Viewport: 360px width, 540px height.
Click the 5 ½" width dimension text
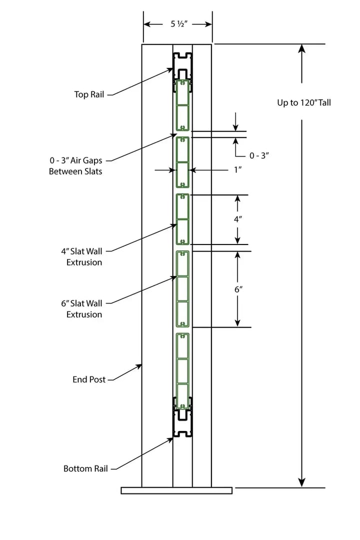click(177, 24)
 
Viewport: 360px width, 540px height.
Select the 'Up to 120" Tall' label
click(304, 103)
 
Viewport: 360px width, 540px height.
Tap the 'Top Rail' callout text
click(89, 94)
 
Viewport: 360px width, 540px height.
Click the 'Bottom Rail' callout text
click(85, 468)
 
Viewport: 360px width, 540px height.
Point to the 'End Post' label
click(89, 379)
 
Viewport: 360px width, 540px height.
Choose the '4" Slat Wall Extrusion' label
click(84, 256)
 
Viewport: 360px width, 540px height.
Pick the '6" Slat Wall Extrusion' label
click(84, 308)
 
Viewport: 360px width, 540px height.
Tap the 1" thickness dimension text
click(238, 170)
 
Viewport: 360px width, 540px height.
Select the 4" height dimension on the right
click(238, 219)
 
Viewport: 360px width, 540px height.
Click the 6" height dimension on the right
click(238, 289)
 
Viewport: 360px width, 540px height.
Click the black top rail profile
click(182, 65)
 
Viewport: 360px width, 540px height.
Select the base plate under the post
click(176, 490)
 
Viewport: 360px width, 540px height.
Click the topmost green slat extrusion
click(182, 104)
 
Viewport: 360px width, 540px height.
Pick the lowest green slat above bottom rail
click(182, 364)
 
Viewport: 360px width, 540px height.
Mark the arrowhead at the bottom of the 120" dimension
click(301, 482)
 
